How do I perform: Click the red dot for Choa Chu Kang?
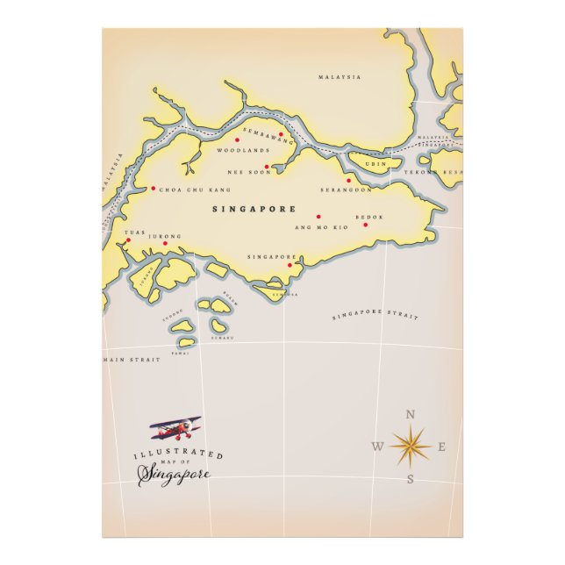click(153, 188)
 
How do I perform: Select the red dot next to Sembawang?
click(281, 135)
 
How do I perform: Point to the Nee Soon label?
click(245, 172)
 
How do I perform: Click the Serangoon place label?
click(346, 190)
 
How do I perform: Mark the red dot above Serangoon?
click(349, 181)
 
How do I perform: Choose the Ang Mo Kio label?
click(321, 227)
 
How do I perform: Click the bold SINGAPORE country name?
click(254, 210)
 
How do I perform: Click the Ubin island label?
click(375, 164)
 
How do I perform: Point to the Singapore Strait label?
click(375, 315)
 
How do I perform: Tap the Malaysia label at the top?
click(340, 77)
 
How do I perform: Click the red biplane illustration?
click(176, 428)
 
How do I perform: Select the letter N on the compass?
click(410, 416)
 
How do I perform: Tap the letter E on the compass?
click(442, 447)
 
